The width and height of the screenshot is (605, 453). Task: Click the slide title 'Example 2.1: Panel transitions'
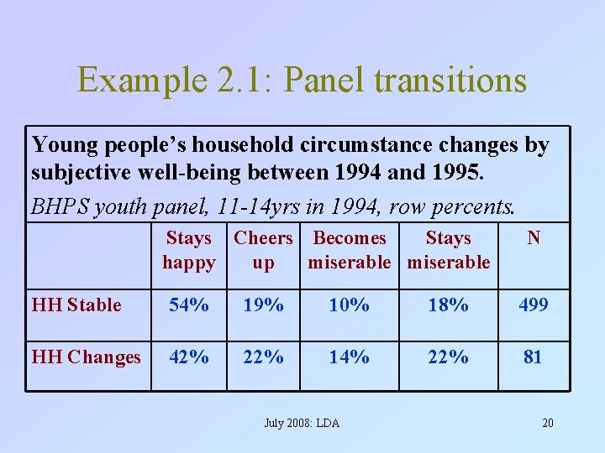[302, 81]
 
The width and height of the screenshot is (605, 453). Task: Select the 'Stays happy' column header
[189, 250]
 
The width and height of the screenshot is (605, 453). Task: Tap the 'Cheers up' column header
[263, 250]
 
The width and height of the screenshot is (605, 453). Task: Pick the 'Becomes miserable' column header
[349, 250]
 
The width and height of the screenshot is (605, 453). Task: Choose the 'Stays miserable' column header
[448, 250]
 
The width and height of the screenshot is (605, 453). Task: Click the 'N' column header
[533, 239]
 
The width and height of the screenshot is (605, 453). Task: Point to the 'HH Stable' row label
[76, 305]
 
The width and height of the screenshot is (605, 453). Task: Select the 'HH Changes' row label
[86, 357]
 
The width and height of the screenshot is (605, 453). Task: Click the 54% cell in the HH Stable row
[189, 305]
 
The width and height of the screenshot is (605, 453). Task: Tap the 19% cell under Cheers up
[263, 305]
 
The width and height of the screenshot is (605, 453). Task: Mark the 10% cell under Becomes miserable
[349, 305]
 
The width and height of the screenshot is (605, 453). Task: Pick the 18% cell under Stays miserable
[448, 305]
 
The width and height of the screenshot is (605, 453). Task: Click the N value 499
[533, 305]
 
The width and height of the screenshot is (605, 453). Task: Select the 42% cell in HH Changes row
[189, 357]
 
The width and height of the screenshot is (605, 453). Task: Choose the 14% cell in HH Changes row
[349, 357]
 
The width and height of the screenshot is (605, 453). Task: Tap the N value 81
[533, 357]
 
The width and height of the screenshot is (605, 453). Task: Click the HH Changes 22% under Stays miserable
[448, 357]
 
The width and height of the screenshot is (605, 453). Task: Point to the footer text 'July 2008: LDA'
[302, 423]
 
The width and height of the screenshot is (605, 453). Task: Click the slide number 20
[547, 423]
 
